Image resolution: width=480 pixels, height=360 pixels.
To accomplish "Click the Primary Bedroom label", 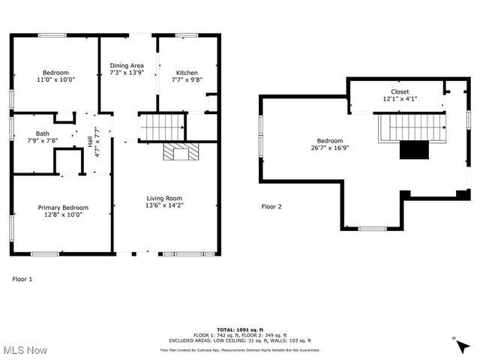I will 63,208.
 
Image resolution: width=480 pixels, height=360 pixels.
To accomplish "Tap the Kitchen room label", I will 187,73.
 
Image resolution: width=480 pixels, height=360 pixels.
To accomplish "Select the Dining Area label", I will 127,65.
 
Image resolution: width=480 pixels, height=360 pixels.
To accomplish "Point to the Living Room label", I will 165,198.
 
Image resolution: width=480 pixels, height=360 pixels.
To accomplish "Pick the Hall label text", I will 90,141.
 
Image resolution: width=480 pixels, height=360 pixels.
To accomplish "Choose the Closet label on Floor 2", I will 399,91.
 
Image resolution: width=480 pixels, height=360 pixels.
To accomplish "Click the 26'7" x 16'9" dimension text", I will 329,148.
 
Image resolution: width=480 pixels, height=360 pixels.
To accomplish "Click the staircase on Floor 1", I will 162,125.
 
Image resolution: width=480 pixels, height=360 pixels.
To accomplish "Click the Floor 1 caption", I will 22,279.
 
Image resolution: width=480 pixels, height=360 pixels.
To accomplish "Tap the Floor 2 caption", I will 271,206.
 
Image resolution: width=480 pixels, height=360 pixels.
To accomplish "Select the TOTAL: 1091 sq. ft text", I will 239,329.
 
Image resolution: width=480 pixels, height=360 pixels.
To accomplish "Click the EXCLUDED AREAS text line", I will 239,340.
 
